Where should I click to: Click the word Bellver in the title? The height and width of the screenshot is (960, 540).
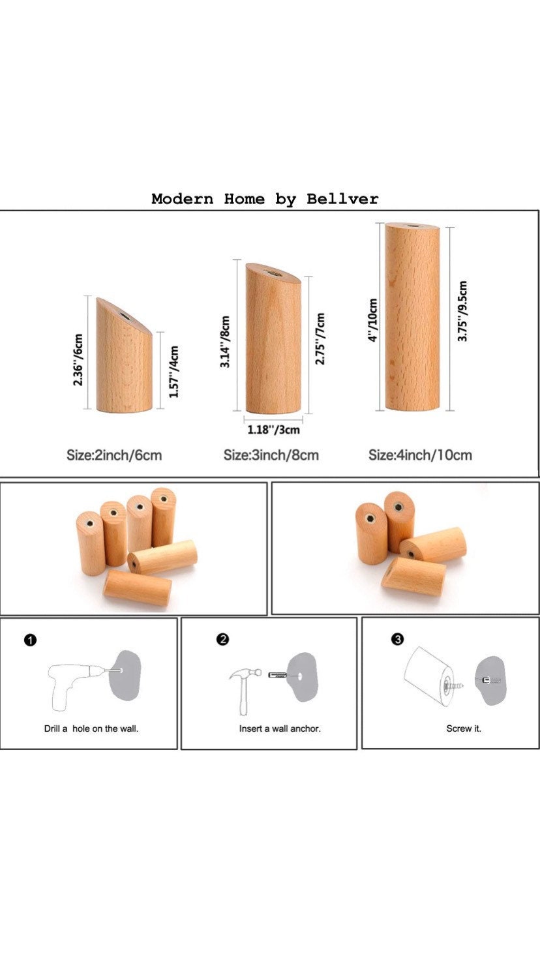pos(342,199)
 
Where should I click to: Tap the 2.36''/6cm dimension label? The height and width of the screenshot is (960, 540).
pos(78,359)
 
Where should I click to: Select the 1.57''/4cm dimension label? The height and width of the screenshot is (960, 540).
pos(173,371)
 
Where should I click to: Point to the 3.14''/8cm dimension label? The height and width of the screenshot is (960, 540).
pos(226,342)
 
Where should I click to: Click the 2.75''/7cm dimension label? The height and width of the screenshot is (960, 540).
pos(320,338)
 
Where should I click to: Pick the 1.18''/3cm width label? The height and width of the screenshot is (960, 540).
pos(273,429)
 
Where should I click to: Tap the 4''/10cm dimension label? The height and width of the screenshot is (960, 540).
pos(373,320)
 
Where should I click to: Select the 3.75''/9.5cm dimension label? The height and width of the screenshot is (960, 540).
pos(462,311)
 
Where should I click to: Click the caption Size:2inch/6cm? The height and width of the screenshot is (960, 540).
pos(114,455)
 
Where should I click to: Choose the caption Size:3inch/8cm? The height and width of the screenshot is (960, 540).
pos(271,455)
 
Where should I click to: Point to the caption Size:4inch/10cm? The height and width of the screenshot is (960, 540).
pos(420,455)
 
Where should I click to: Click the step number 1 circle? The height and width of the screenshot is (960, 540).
pos(31,640)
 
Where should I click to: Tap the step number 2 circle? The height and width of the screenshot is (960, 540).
pos(223,639)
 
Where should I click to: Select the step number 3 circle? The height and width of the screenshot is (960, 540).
pos(397,639)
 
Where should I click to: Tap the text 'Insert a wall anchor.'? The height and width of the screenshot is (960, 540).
pos(280,728)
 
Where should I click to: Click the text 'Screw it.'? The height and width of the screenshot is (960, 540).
pos(464,728)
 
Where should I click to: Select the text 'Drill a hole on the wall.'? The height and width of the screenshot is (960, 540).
pos(91,728)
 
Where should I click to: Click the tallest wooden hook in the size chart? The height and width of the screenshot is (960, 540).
pos(412,317)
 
